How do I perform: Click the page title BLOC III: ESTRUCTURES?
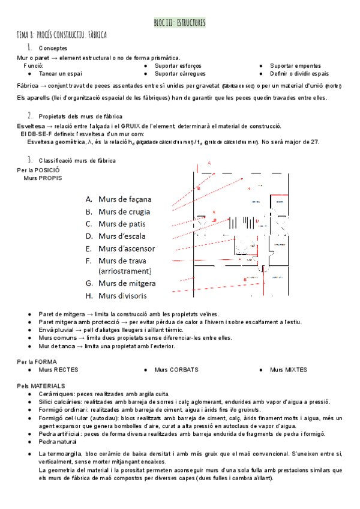179,23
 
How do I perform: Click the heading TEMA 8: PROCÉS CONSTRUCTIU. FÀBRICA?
61,35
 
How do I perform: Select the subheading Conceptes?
53,48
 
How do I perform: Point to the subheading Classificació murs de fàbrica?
77,160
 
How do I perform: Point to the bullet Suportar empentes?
295,65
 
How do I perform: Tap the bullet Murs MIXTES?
289,370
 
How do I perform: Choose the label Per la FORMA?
37,362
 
